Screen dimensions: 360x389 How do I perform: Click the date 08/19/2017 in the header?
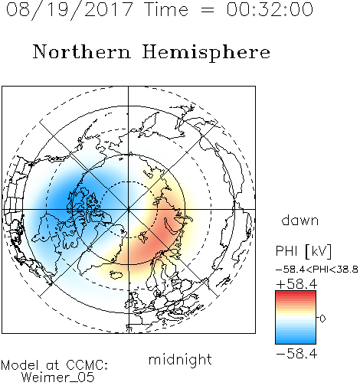70,10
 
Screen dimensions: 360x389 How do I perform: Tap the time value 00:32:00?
270,9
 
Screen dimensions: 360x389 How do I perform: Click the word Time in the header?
166,9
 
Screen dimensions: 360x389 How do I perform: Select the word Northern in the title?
82,51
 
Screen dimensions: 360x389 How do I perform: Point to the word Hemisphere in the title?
206,53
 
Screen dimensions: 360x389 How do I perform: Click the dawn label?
300,220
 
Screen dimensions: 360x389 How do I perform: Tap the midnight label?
180,359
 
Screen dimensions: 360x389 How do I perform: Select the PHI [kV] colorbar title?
303,251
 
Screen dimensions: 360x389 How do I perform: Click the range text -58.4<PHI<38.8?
317,270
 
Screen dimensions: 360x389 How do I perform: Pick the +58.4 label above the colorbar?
296,284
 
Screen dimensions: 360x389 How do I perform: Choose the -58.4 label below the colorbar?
296,354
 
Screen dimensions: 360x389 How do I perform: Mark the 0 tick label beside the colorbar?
322,319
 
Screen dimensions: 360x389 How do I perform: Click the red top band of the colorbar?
296,294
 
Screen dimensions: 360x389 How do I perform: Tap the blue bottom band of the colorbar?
296,341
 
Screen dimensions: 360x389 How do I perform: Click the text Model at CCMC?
54,364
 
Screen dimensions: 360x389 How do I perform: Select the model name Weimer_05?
58,378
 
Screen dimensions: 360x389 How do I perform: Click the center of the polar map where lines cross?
128,209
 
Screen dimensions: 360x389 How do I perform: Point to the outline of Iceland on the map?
116,275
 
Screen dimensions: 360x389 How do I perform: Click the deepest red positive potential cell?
159,236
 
